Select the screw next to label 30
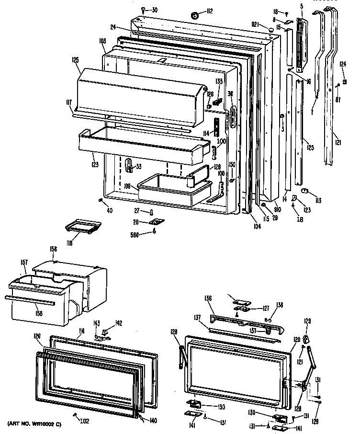(143, 10)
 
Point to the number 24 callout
(113, 27)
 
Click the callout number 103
(101, 42)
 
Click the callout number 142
(119, 322)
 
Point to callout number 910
(277, 209)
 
